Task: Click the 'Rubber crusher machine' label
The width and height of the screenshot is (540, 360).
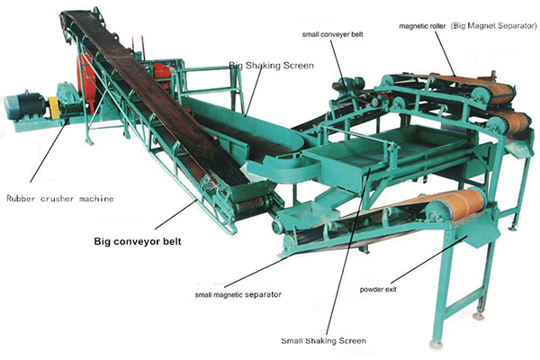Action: [x=60, y=199]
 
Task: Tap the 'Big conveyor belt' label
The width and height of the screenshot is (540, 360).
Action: [x=138, y=241]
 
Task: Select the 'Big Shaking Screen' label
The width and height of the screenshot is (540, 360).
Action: [x=272, y=66]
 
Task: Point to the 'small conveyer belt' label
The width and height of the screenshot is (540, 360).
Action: [x=333, y=34]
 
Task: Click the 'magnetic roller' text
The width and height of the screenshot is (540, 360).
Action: [x=422, y=26]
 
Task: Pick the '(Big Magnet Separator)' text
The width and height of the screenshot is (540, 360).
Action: [x=494, y=26]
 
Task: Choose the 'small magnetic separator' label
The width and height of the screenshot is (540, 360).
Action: [x=238, y=295]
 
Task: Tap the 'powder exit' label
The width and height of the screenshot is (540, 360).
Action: [x=378, y=290]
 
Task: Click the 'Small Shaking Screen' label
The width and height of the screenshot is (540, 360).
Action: [x=324, y=341]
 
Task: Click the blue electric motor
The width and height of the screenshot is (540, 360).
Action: [x=24, y=106]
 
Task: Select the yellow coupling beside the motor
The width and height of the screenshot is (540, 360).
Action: [x=53, y=107]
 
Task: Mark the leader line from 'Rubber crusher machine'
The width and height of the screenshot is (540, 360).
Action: [x=49, y=148]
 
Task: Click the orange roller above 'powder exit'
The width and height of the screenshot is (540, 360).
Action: [x=456, y=205]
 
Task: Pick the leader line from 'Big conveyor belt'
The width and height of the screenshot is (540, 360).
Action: [x=176, y=214]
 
